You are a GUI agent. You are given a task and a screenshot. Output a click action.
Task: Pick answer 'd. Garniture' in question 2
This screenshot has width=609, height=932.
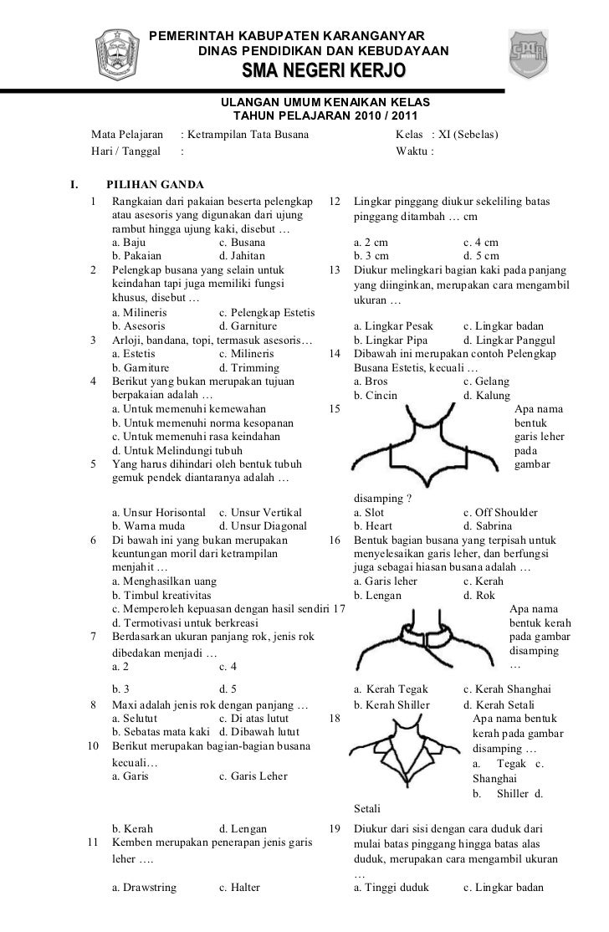coord(249,325)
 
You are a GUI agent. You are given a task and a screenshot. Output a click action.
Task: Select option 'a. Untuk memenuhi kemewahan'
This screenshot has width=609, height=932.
coord(189,409)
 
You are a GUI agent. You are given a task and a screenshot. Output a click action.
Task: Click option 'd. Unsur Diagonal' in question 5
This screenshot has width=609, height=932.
coord(262,526)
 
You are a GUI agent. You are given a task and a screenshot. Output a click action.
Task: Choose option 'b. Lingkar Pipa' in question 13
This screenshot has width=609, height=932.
coord(391,340)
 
